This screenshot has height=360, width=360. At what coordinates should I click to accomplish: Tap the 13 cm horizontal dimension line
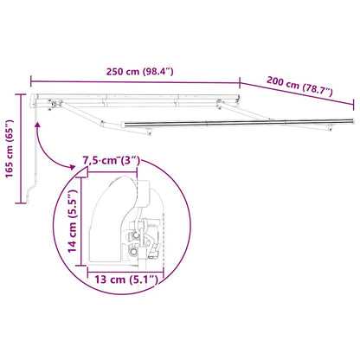click(x=125, y=265)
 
